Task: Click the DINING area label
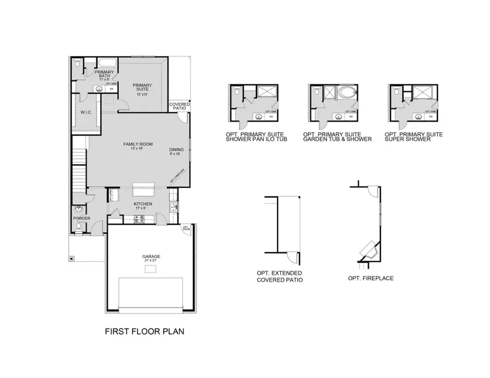176,151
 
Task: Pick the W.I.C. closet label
85,113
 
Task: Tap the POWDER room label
81,219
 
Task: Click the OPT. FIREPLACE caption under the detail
370,278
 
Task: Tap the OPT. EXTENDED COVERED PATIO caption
279,276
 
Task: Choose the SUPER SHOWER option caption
413,137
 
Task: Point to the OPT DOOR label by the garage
185,228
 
